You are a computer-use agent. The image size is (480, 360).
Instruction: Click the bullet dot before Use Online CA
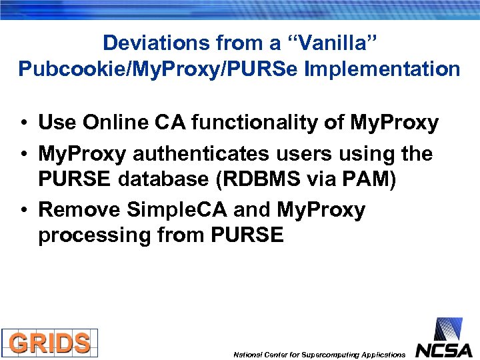point(23,123)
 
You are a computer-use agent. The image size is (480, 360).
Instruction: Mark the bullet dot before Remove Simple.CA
point(23,211)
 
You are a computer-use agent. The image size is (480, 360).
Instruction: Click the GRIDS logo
point(49,343)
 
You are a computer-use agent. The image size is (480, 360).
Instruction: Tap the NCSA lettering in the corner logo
point(444,350)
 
